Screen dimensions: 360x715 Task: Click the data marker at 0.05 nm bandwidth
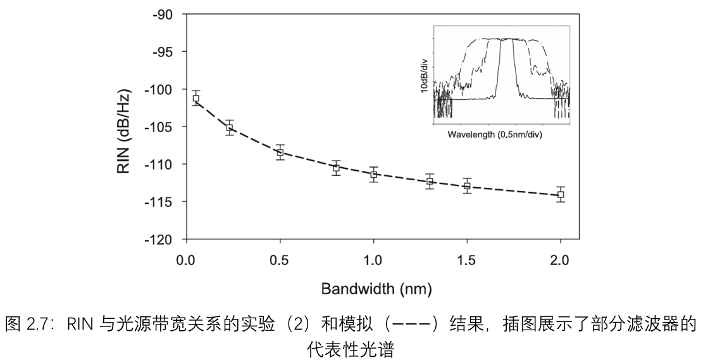196,98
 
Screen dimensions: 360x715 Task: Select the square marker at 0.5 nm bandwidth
280,152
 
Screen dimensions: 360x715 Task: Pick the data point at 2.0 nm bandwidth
560,194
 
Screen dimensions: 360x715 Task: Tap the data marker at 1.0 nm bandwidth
373,174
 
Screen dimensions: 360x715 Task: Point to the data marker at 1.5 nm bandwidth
467,186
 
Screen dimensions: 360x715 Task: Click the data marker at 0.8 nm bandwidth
336,168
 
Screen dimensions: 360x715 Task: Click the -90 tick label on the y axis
162,14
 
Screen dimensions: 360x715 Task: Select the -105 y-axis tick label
159,127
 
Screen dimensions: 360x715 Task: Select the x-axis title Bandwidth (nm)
376,289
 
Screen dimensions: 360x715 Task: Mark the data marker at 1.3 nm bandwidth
430,182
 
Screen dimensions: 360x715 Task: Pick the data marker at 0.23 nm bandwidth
230,128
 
